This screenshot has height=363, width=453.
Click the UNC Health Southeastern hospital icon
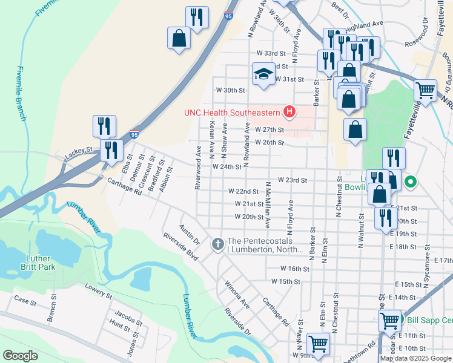point(289,111)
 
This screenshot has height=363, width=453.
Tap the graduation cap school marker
point(263,74)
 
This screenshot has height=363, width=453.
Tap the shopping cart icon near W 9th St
point(318,344)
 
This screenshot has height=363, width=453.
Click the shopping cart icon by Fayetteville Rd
point(425,91)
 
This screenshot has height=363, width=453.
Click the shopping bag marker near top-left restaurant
point(179,39)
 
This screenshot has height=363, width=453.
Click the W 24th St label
point(226,166)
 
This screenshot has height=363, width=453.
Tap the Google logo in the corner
point(20,356)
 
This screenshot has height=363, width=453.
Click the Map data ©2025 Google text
point(415,358)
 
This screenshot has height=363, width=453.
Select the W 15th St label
point(286,281)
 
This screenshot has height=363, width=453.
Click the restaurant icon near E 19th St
point(385,218)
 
